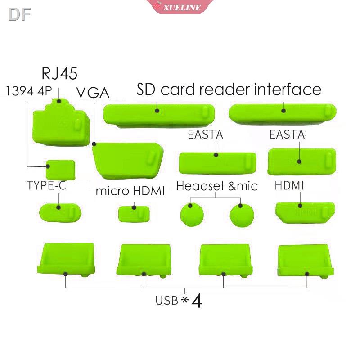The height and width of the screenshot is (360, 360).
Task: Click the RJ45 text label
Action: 59,73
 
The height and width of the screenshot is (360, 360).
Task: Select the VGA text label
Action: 93,92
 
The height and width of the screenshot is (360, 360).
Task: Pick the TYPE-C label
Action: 46,185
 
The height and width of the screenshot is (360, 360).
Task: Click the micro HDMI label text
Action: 130,191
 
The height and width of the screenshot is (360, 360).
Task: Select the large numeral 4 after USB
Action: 197,300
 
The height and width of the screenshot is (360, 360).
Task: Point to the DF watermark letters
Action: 19,15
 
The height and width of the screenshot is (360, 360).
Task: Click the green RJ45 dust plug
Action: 61,123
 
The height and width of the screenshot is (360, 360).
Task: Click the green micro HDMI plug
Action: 134,213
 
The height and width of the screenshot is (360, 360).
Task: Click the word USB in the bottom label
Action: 167,300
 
